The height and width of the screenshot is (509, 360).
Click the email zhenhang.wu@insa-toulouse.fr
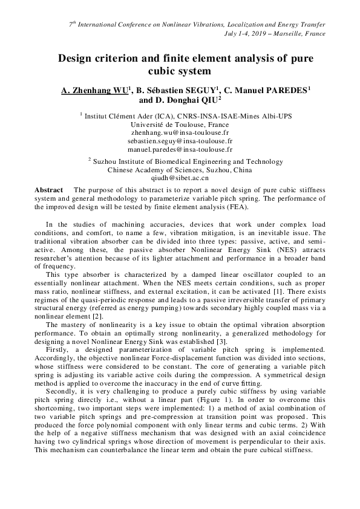[180, 131]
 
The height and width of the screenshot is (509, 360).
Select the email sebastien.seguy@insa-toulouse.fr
[180, 140]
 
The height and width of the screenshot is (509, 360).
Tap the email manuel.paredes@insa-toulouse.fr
[180, 148]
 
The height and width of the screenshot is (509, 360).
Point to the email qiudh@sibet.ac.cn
[180, 178]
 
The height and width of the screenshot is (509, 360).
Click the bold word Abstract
[49, 189]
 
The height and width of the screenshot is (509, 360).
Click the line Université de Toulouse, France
[180, 123]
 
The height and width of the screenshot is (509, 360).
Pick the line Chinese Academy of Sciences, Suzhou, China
[180, 170]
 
